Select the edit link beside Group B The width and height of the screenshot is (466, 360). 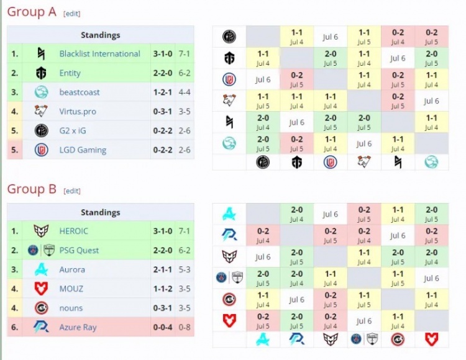[71, 191]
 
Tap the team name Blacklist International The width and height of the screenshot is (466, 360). [99, 54]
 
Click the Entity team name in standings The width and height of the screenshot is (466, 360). [70, 73]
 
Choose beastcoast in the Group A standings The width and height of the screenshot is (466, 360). [80, 92]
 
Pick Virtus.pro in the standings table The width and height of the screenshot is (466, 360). [78, 112]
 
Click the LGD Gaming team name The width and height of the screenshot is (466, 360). [83, 150]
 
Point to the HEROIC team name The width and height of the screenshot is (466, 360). [74, 231]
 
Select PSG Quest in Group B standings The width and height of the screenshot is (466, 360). [79, 250]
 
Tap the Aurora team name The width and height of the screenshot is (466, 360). [72, 269]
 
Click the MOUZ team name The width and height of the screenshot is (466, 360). [71, 289]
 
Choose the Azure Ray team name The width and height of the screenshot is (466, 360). [78, 327]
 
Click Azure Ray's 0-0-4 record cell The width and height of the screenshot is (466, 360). [162, 327]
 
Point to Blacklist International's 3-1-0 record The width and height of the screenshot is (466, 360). [162, 54]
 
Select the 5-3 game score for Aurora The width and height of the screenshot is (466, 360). [184, 269]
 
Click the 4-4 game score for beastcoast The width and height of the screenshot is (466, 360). [184, 92]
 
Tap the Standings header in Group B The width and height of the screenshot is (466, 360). [100, 212]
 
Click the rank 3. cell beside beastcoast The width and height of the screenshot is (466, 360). [15, 92]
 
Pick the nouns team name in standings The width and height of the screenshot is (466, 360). [71, 308]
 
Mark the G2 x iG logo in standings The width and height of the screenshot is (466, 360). [42, 130]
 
